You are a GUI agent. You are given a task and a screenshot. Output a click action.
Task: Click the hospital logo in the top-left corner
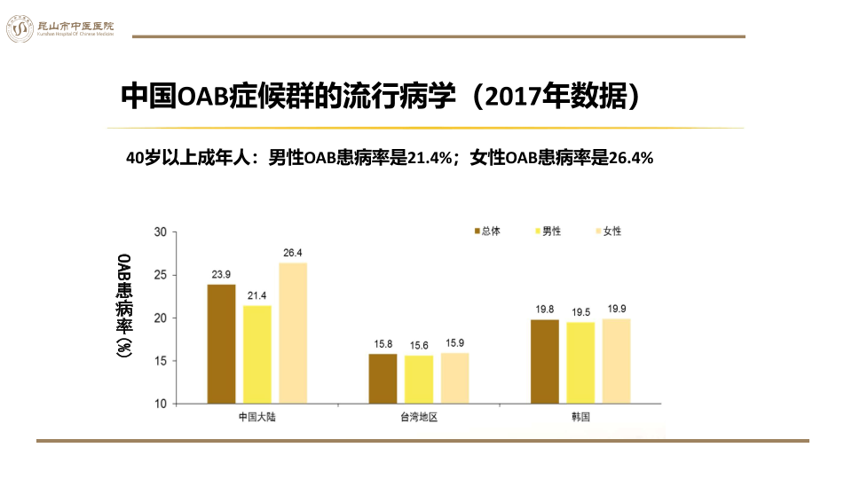tap(19, 28)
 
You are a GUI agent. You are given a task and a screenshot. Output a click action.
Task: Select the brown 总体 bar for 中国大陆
tap(221, 344)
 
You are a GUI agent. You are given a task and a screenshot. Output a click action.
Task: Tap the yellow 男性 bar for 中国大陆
tap(257, 355)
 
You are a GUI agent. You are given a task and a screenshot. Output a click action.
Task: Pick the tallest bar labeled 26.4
tap(293, 333)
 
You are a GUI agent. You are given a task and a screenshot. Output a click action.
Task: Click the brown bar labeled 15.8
tap(383, 379)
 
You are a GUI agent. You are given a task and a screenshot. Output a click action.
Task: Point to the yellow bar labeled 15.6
tap(419, 380)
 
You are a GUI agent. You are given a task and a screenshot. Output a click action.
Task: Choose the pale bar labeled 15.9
tap(454, 379)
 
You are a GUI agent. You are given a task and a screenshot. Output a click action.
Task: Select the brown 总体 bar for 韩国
tap(545, 361)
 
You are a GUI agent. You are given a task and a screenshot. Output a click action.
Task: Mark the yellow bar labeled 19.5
tap(580, 363)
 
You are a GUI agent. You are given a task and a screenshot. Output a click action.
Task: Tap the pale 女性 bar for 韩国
tap(617, 361)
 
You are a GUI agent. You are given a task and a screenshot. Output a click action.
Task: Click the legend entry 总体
tap(486, 231)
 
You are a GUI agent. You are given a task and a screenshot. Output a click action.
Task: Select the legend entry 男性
tap(548, 231)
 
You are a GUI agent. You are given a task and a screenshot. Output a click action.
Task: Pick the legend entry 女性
tap(608, 231)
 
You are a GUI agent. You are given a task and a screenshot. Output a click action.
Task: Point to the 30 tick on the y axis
tap(160, 232)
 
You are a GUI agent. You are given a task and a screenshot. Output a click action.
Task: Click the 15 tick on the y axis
tap(160, 361)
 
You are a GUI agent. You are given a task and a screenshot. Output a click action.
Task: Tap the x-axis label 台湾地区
tap(418, 417)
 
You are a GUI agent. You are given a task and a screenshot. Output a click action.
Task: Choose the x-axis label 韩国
tap(580, 417)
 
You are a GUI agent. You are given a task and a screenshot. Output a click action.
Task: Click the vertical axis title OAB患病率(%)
tap(125, 306)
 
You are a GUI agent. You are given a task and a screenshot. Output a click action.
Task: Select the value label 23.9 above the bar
tap(221, 274)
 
